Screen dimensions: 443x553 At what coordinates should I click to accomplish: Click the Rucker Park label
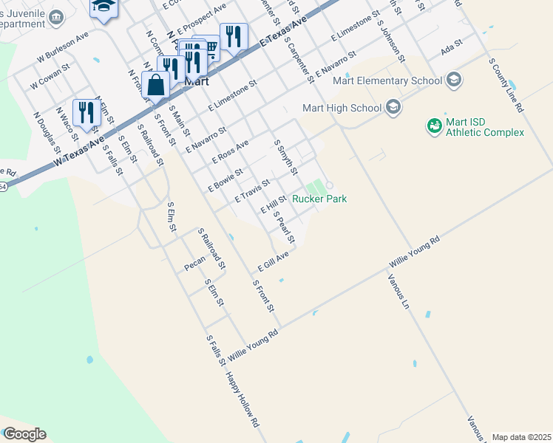click(319, 199)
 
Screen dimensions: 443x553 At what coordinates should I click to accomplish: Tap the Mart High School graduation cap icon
click(393, 108)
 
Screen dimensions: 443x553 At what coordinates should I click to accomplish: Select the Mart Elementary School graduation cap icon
click(453, 80)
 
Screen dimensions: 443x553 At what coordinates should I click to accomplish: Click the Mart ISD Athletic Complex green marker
click(434, 126)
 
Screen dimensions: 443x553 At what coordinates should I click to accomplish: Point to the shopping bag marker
click(156, 86)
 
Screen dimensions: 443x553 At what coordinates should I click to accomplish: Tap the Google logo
click(24, 434)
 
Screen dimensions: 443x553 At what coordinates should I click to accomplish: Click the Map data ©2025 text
click(521, 437)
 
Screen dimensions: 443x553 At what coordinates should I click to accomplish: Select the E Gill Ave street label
click(273, 259)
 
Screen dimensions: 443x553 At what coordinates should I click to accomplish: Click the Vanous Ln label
click(398, 291)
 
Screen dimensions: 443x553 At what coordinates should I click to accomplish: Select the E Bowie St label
click(225, 179)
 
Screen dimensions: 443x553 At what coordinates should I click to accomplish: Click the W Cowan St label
click(50, 76)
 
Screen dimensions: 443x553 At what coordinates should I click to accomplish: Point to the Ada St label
click(450, 47)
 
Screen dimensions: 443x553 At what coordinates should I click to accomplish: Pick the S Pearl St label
click(285, 227)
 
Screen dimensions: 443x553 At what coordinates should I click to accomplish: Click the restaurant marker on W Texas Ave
click(86, 112)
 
